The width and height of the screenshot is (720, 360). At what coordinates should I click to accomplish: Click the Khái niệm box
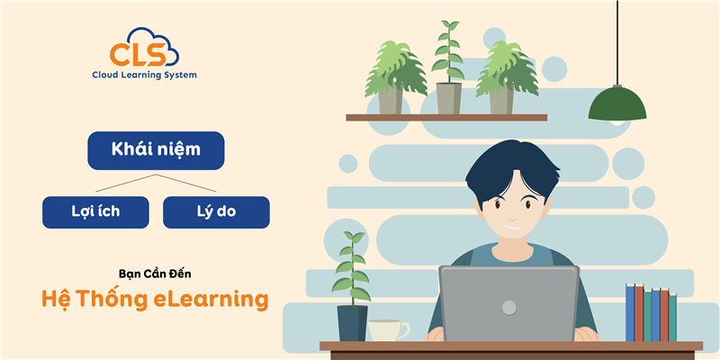pos(156,150)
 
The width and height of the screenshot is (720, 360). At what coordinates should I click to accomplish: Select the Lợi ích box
pos(95,211)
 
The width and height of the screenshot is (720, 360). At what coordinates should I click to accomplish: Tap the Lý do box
pos(216,211)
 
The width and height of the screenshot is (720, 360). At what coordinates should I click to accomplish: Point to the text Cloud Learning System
pos(144,76)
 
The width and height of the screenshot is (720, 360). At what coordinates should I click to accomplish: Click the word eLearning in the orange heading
pos(221,299)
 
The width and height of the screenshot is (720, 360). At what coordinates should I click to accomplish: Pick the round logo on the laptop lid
pos(509,307)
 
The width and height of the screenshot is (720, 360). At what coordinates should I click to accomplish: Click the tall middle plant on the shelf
pos(447,67)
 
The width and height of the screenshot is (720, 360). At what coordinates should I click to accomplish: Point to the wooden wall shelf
pos(446,117)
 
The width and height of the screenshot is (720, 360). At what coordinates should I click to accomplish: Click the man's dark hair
pos(509,171)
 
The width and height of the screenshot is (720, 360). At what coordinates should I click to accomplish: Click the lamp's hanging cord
pos(617,40)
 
